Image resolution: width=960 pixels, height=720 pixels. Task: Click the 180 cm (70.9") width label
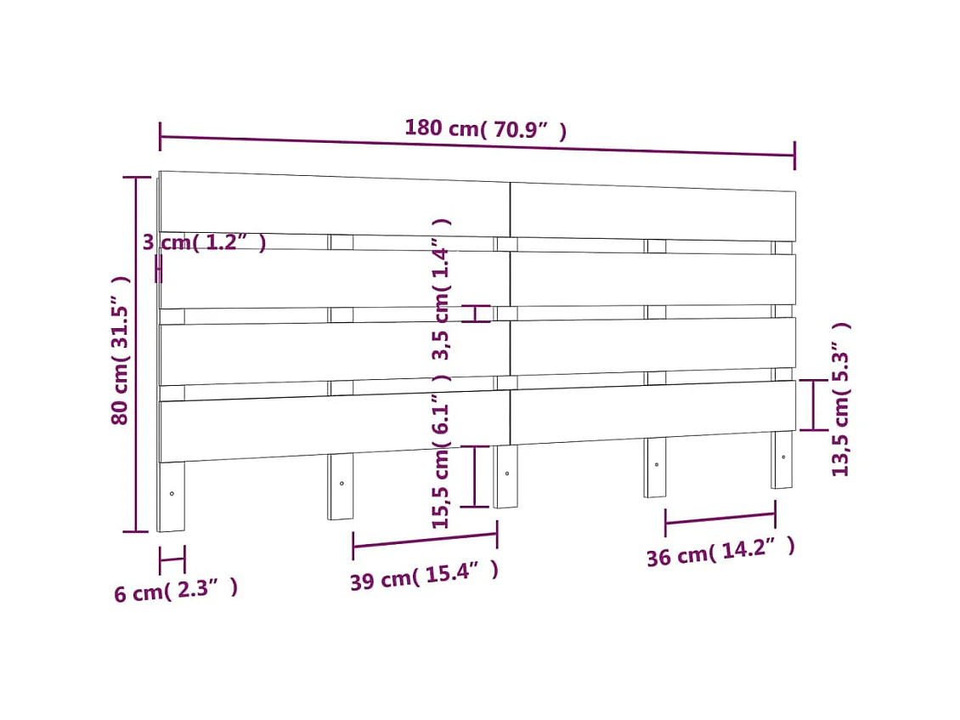point(485,129)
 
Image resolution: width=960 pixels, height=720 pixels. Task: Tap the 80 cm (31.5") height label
point(121,350)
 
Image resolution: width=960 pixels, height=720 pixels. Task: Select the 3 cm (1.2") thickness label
point(204,243)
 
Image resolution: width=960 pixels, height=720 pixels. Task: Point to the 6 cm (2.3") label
point(176,590)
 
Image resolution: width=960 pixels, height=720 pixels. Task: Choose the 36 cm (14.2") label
point(720,553)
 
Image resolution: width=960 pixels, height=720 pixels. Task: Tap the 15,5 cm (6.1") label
point(440,462)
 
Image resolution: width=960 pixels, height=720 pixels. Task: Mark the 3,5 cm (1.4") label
point(441,290)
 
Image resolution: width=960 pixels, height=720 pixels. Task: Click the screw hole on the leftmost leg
point(172,494)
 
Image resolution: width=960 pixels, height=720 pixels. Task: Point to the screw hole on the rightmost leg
point(783,457)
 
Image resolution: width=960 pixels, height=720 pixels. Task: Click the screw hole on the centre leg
point(506,473)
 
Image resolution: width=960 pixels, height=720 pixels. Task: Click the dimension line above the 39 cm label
point(425,541)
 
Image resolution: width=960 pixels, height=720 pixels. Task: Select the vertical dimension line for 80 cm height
point(136,354)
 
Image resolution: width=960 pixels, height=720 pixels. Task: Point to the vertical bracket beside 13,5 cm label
point(813,405)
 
